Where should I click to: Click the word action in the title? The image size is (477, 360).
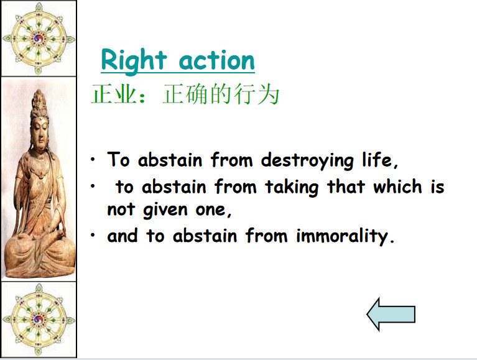click(x=217, y=61)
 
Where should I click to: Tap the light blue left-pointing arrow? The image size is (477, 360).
click(x=391, y=314)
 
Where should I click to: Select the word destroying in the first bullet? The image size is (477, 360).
click(x=307, y=160)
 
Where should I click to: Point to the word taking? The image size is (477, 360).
click(x=292, y=187)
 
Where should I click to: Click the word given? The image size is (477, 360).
click(x=165, y=210)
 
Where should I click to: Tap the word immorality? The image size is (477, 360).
click(x=342, y=236)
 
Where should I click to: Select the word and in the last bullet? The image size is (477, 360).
click(x=123, y=236)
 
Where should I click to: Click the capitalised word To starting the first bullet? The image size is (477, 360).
click(x=119, y=159)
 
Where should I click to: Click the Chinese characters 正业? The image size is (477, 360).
click(x=113, y=94)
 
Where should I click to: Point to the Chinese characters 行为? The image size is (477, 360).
click(x=256, y=94)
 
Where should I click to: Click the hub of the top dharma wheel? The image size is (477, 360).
click(x=39, y=39)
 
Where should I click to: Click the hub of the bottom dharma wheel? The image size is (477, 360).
click(x=39, y=319)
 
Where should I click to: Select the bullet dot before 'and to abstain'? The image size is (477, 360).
click(x=93, y=235)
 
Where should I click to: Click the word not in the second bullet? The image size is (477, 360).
click(x=121, y=209)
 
